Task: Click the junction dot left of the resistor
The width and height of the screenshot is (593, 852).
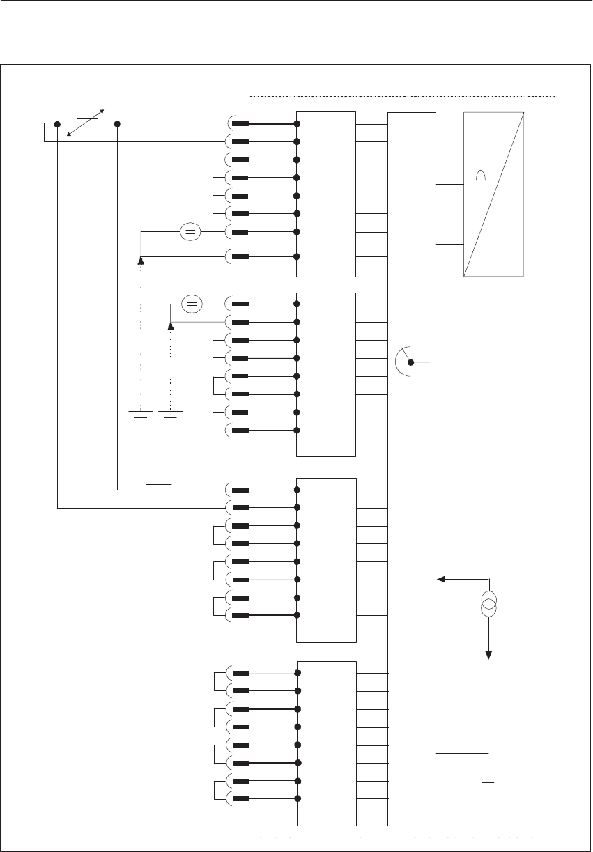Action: [57, 124]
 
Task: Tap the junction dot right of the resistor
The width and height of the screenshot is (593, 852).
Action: [117, 124]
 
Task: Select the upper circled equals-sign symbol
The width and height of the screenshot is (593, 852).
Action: [190, 232]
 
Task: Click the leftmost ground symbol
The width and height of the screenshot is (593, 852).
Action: [141, 414]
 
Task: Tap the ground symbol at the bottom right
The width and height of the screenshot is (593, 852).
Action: [490, 779]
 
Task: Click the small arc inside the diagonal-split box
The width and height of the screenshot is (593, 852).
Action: [480, 177]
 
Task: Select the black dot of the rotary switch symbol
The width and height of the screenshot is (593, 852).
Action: [410, 362]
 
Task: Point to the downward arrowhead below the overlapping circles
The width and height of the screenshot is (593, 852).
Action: [489, 654]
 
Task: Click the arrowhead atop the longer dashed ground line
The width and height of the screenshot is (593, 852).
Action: [141, 261]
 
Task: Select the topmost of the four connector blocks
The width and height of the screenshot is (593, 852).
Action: [326, 194]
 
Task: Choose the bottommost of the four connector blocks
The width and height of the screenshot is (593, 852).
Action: [326, 742]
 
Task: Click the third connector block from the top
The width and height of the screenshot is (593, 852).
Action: [326, 560]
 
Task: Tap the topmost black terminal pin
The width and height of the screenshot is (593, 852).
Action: [241, 124]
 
